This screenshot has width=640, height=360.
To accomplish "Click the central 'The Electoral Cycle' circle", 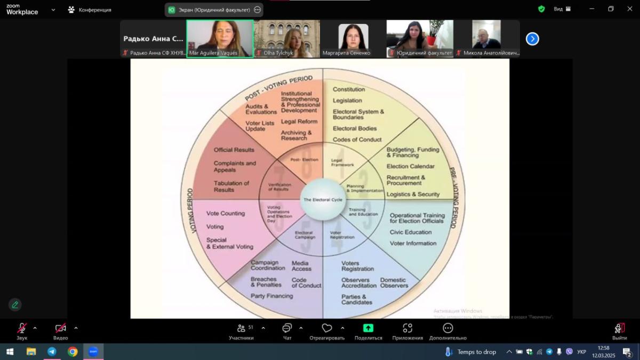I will [323, 199].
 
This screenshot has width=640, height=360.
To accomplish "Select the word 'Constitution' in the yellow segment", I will [349, 89].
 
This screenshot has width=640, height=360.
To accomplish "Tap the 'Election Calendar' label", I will [410, 166].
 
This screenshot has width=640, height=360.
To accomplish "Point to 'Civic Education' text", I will [411, 232].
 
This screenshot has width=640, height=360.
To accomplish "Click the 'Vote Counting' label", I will [226, 213].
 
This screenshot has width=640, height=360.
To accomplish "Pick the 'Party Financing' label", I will [271, 296].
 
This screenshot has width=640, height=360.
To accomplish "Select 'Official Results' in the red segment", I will [234, 150].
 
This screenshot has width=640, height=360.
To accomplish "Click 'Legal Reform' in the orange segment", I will [299, 122].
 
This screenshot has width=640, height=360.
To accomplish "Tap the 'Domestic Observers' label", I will [394, 283].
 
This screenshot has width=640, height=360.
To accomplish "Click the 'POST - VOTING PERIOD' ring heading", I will [278, 88].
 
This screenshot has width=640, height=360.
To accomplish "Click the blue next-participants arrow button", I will [532, 38].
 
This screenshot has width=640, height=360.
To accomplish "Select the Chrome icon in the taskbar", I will [73, 351].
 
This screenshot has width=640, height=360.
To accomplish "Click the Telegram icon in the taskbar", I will [52, 351].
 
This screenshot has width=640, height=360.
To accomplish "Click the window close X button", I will [629, 9].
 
